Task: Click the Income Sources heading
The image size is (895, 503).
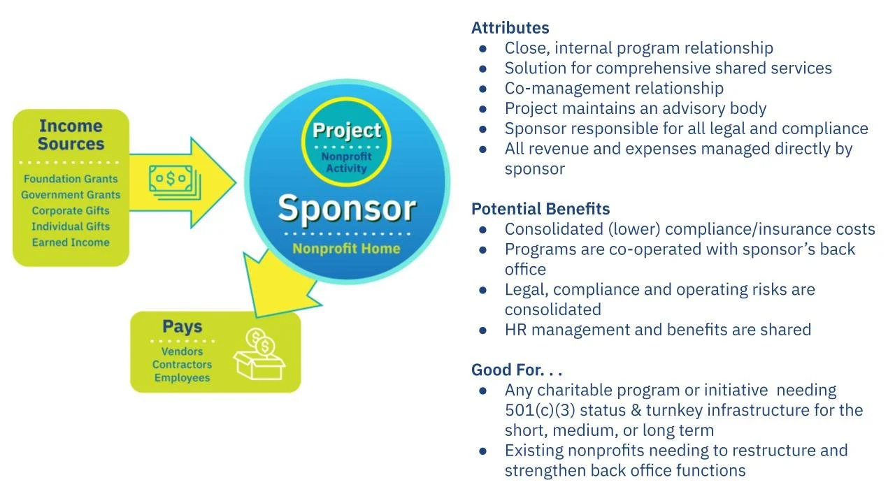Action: point(71,135)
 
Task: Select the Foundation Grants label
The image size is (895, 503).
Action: point(71,179)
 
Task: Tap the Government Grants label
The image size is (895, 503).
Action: point(71,195)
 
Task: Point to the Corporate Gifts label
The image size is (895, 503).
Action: point(71,210)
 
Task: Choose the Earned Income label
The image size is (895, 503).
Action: point(71,242)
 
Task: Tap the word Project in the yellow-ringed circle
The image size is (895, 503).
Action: point(347,131)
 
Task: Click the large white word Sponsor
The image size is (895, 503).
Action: point(347,208)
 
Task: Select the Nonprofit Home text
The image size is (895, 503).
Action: point(346,249)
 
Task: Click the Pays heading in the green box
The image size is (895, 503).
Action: point(182,326)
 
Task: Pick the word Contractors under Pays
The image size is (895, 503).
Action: point(182,365)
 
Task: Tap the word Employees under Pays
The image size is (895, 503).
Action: point(182,378)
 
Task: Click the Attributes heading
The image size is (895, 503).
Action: point(510,28)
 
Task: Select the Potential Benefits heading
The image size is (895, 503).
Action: point(540,209)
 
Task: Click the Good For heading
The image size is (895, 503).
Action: point(516,370)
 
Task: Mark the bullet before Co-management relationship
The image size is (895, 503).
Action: point(483,89)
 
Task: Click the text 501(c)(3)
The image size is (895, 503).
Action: point(539,410)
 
